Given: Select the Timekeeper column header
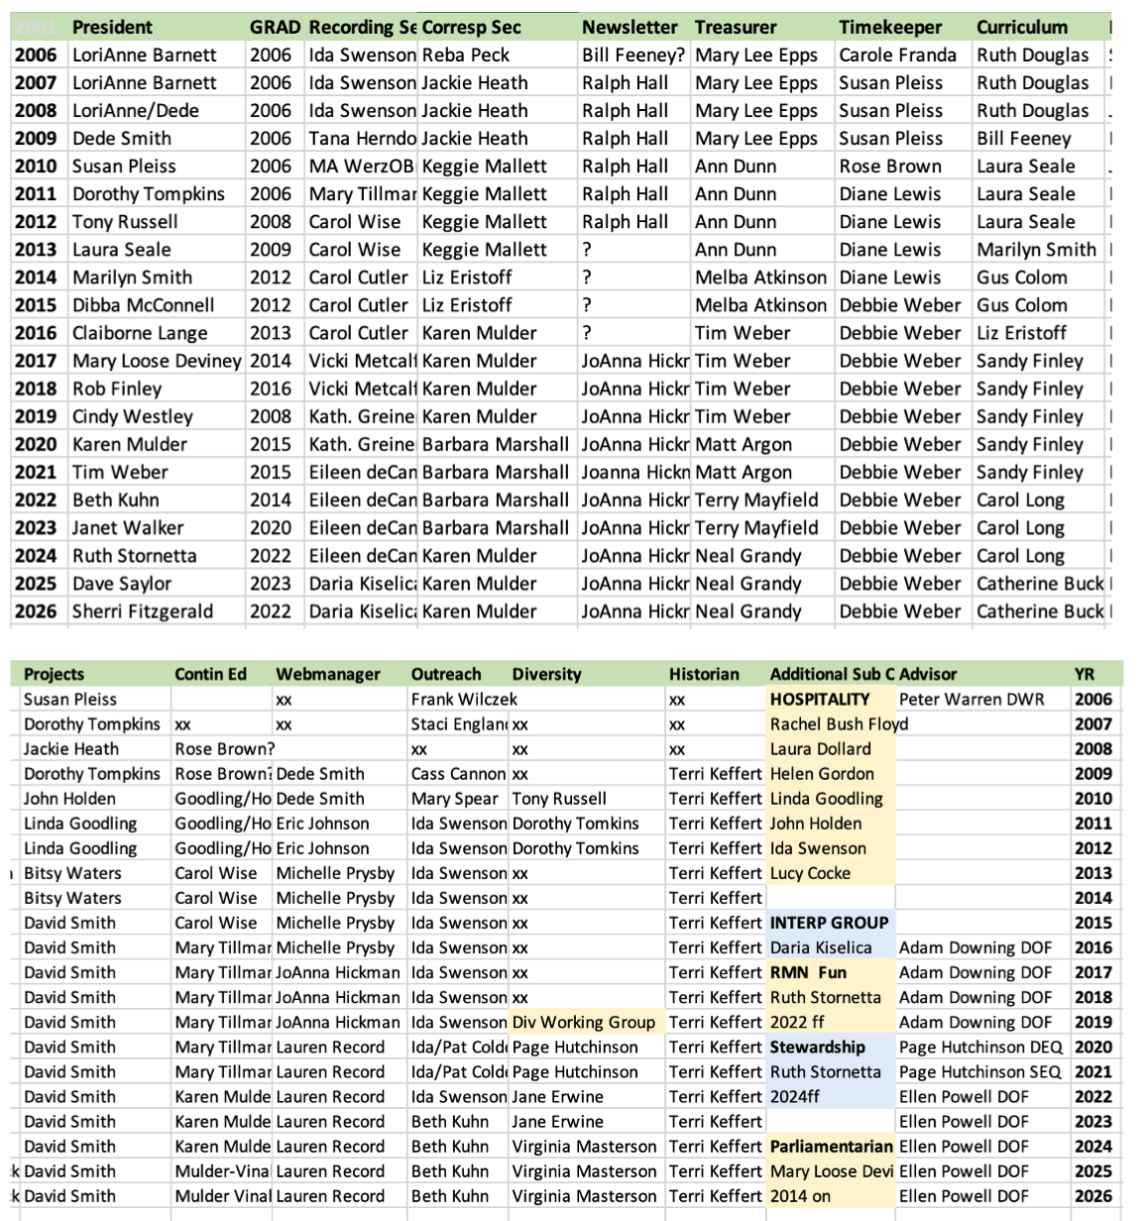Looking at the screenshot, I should point(889,27).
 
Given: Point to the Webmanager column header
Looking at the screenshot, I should point(328,674).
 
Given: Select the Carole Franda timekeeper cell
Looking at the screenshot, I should point(897,55).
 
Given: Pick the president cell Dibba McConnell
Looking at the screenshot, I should point(143,305).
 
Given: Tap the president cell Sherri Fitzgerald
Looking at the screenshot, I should point(142,611).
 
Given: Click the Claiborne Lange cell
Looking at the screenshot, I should point(140,333).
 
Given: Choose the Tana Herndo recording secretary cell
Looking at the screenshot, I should point(361,138).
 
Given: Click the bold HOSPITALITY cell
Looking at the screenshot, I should point(820,699).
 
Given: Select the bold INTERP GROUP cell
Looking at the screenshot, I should point(829,923).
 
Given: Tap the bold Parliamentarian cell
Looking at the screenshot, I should point(831,1147).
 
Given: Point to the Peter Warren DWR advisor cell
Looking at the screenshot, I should point(972,699).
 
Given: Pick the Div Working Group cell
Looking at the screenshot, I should point(583,1022).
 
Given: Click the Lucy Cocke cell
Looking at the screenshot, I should point(810,873).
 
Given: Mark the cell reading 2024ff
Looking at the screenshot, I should point(795,1097).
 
